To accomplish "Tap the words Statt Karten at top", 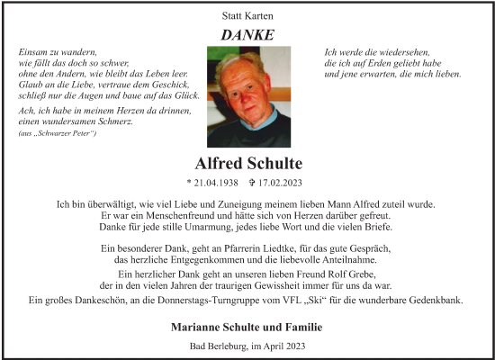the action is click(x=247, y=16).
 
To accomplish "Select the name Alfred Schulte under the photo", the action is click(x=247, y=164).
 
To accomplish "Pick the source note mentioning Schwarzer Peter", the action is click(x=58, y=133).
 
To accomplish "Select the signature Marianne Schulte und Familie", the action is click(x=247, y=326).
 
